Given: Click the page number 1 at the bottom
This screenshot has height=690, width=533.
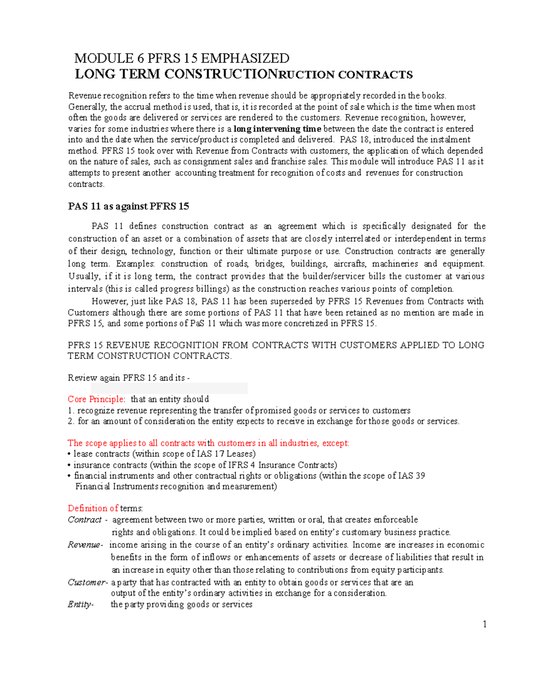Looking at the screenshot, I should point(485,624).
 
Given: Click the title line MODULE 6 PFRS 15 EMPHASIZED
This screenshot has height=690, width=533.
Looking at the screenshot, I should point(182,58).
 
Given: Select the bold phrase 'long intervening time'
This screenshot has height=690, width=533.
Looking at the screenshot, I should point(277,129).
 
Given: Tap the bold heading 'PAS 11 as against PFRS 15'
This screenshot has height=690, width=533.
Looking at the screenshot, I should point(128,206).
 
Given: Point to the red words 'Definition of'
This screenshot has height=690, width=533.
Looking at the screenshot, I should point(93,508).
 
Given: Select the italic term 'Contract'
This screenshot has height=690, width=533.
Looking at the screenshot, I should point(85,519).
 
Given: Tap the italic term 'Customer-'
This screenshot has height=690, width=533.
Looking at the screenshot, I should point(88,582).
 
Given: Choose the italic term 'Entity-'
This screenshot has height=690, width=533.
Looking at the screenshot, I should point(80,604).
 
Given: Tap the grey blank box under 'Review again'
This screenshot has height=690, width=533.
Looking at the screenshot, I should point(169,388).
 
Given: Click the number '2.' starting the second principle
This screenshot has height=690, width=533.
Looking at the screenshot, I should point(71,421).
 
